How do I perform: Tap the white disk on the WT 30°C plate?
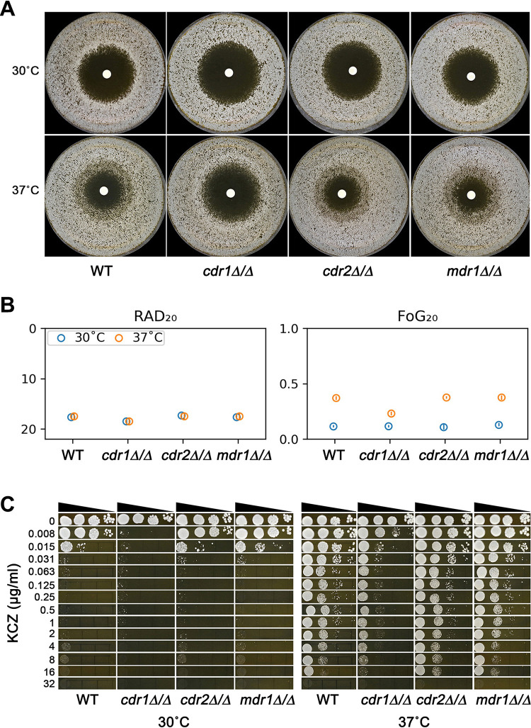click(106, 74)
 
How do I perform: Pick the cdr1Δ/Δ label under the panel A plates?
click(228, 269)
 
